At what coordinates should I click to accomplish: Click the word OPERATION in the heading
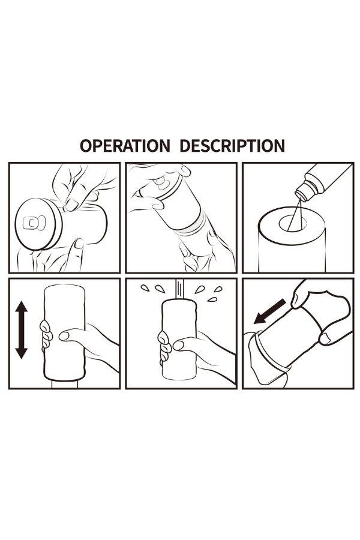point(125,146)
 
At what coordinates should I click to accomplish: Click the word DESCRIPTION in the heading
point(232,146)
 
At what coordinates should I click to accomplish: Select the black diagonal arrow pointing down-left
point(270,311)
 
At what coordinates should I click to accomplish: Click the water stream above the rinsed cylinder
point(179,289)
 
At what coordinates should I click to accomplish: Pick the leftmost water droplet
point(145,288)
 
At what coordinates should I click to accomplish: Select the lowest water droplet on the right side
point(212,299)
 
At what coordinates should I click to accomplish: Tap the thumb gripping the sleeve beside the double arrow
point(71,335)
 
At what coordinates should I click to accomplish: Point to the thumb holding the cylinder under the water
point(186,344)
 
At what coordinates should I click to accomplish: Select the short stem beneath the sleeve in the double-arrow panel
point(65,385)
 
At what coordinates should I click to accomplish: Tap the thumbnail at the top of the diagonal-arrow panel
point(295,301)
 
